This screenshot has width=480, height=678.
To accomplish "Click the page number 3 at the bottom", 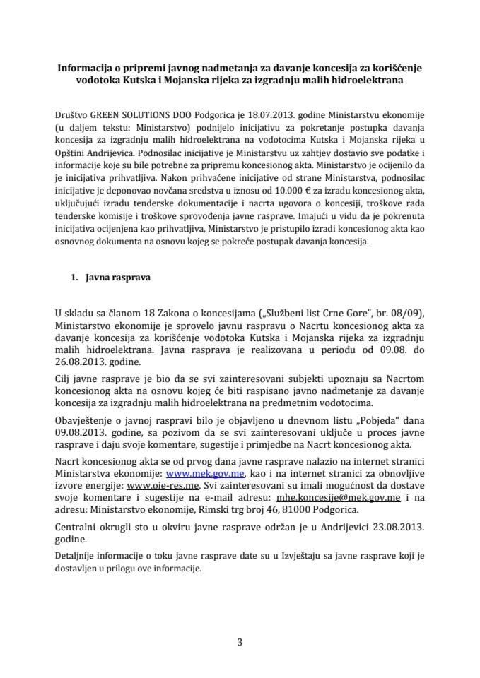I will click(240, 642).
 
